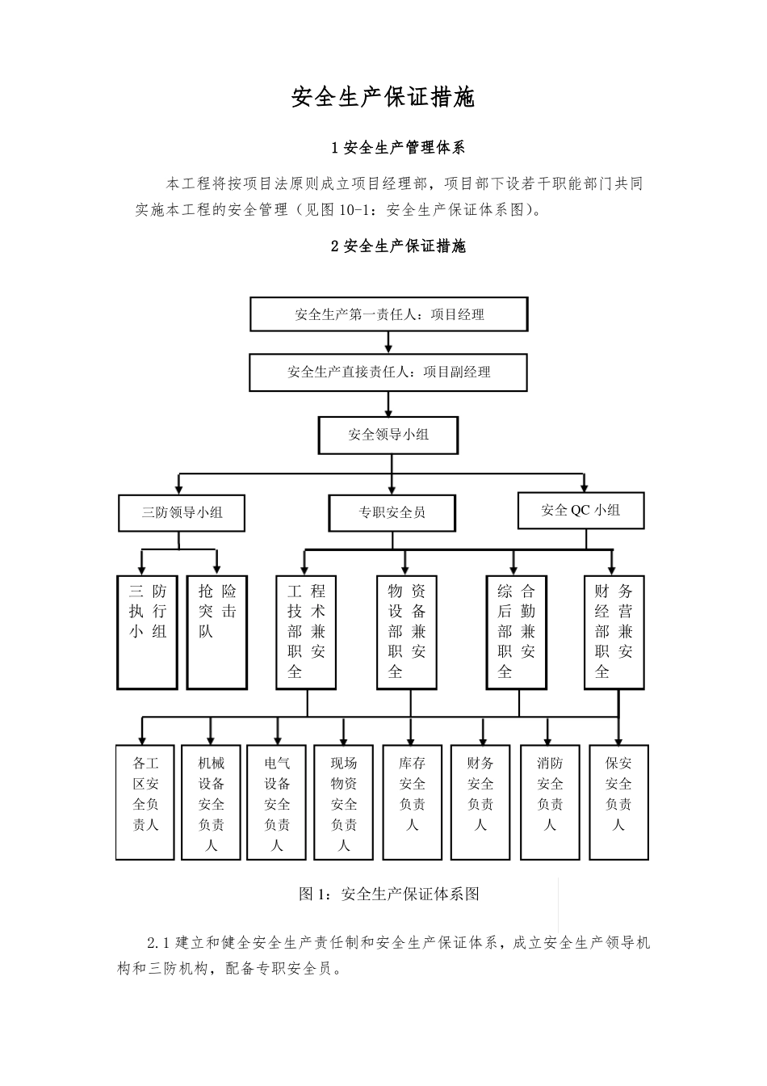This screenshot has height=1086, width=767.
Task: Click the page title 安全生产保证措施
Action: click(x=383, y=98)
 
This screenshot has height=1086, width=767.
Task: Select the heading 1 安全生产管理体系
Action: click(x=398, y=148)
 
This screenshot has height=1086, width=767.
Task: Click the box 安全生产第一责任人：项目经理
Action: click(x=388, y=314)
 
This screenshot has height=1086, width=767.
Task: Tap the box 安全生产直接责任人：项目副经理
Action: click(x=388, y=373)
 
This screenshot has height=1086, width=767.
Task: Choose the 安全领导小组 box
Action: click(x=388, y=435)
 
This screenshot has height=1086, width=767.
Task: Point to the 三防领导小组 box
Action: click(x=182, y=512)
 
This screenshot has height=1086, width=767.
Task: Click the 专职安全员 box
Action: click(x=392, y=512)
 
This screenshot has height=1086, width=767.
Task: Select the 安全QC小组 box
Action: click(x=580, y=510)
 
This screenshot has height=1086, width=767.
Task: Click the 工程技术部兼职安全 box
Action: click(x=306, y=631)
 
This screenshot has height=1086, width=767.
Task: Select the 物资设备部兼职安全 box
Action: click(x=406, y=631)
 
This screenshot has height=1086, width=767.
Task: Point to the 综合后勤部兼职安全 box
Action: click(x=516, y=631)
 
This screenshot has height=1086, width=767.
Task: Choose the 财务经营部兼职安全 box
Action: click(x=614, y=631)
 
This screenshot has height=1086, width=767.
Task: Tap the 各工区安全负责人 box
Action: click(x=145, y=802)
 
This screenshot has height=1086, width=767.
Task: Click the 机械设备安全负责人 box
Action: click(x=212, y=802)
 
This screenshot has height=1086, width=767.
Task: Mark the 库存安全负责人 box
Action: click(x=412, y=802)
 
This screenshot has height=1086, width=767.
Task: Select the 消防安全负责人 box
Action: click(x=550, y=802)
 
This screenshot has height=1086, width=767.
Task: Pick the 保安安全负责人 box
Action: click(x=618, y=802)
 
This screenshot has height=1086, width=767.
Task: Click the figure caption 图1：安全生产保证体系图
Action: click(x=389, y=894)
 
